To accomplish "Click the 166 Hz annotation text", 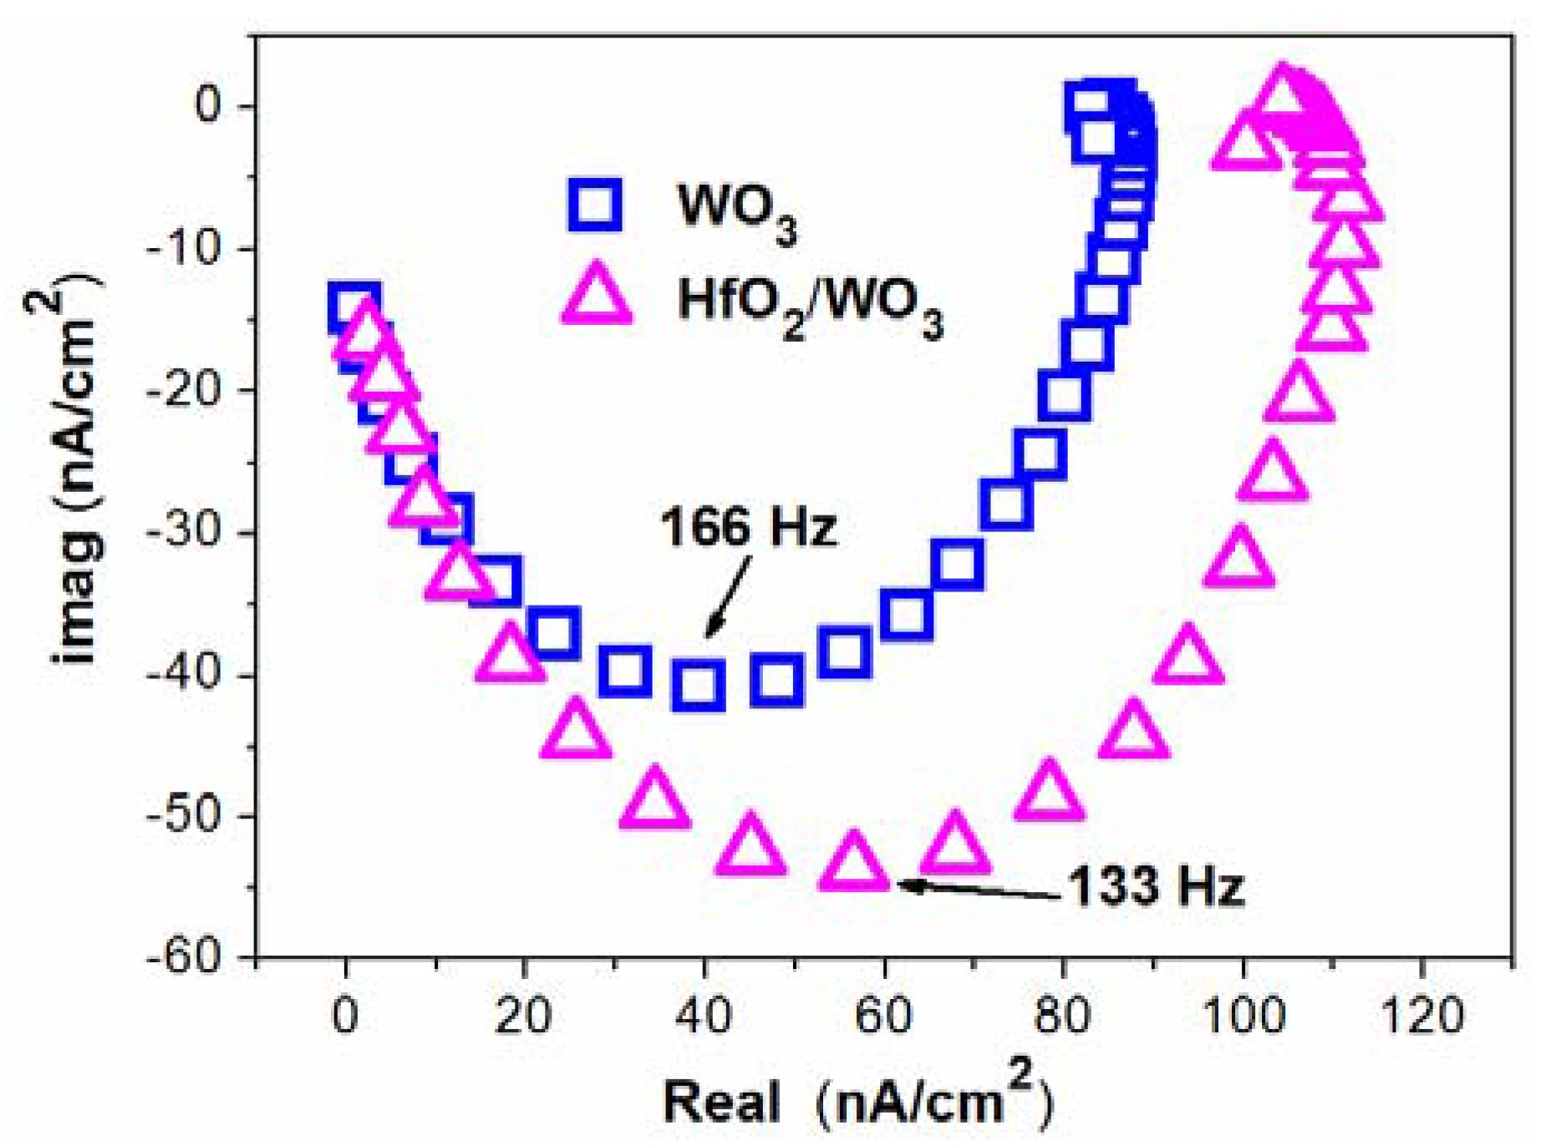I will (x=748, y=528).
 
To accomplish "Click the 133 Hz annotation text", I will (x=1156, y=886).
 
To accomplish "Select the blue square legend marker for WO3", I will (x=594, y=203).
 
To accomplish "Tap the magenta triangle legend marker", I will (x=596, y=295).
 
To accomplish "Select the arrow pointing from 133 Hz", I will (x=978, y=890).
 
